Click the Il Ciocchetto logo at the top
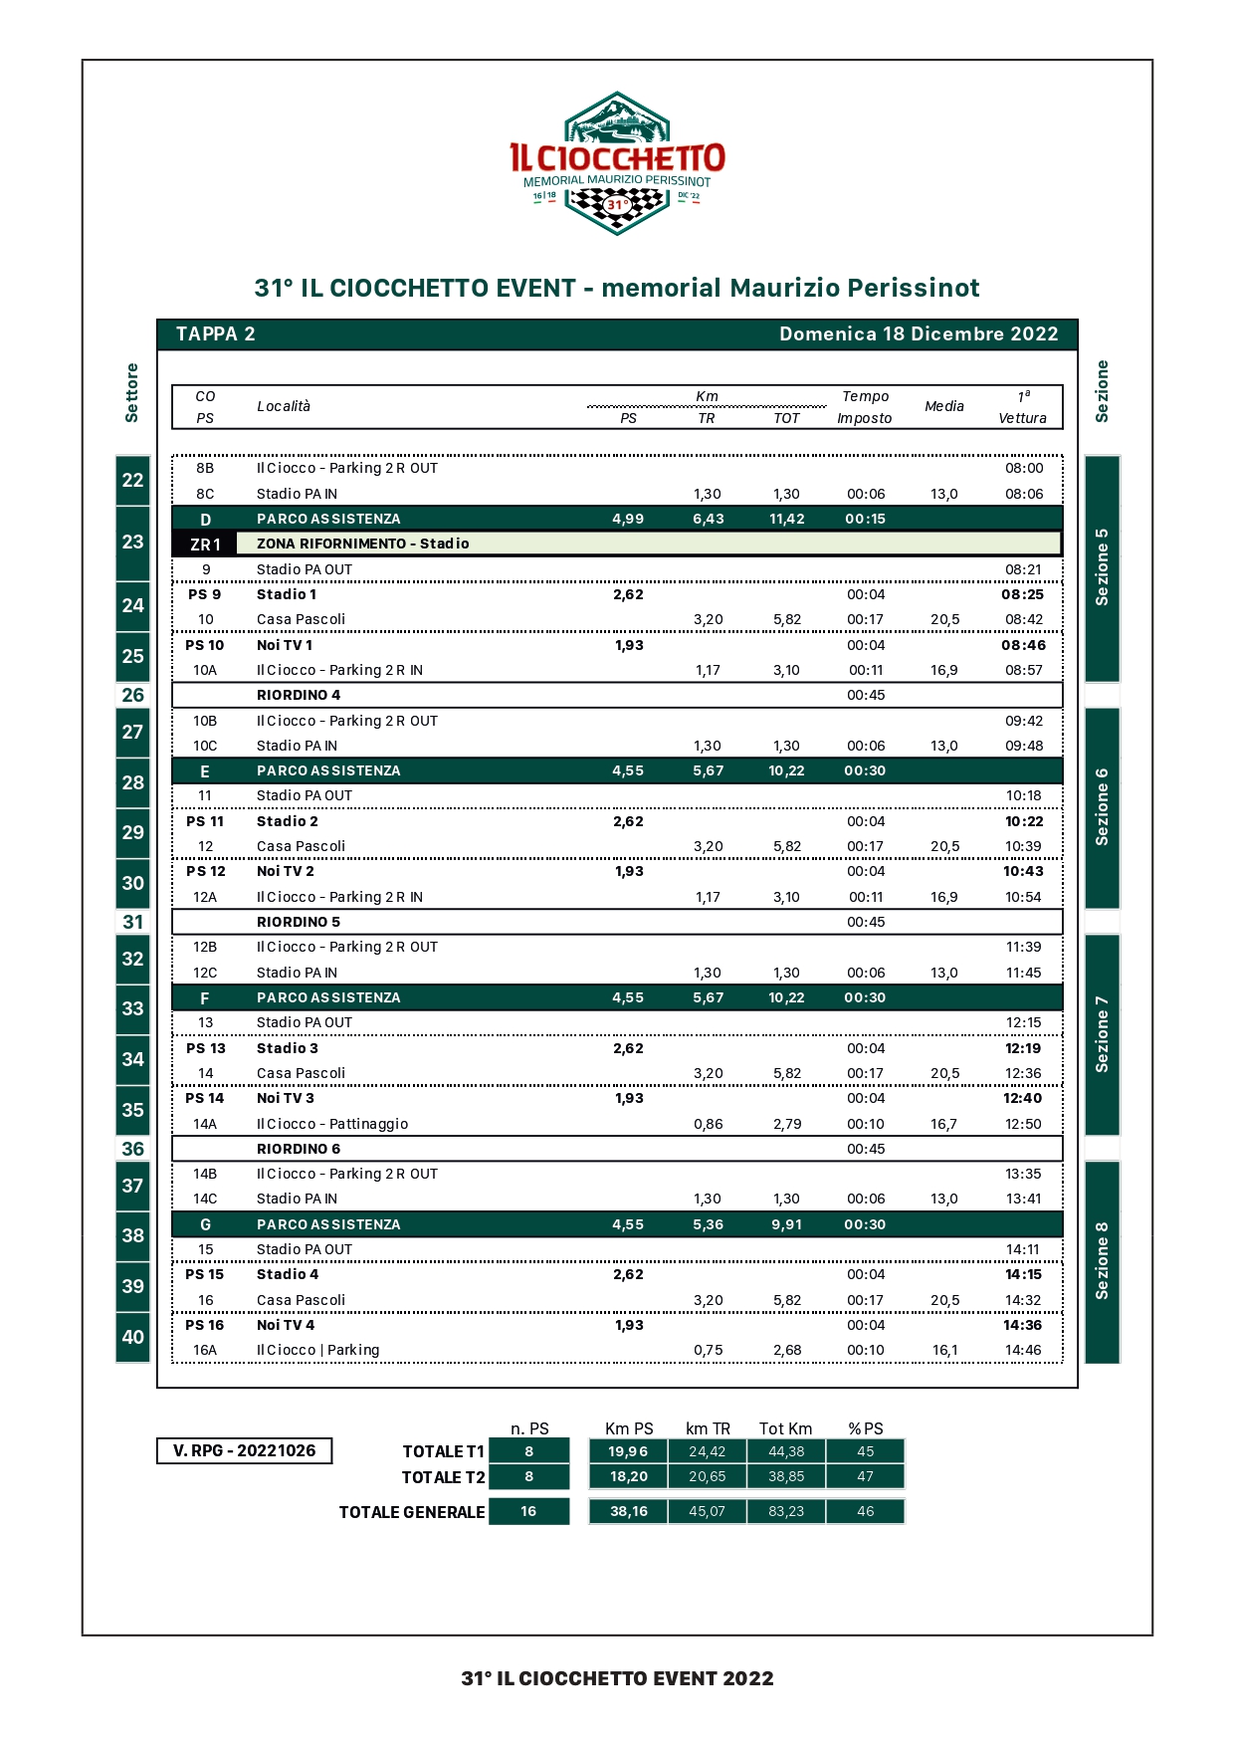(x=617, y=163)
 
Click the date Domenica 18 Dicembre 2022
(x=918, y=334)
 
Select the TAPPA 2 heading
(x=216, y=334)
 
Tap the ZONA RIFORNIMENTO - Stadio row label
(x=363, y=544)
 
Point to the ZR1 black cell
(x=205, y=545)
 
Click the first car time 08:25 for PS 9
(x=1023, y=594)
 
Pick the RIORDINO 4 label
(x=299, y=695)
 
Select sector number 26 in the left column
(x=132, y=695)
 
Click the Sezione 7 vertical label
(x=1102, y=1034)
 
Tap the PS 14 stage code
(x=205, y=1098)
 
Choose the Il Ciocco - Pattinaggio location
(x=332, y=1124)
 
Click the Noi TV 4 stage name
(x=286, y=1325)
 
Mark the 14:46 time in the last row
(x=1023, y=1350)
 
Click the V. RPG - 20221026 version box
(x=245, y=1450)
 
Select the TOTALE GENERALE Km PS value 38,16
(x=629, y=1511)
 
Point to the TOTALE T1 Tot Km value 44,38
(x=786, y=1451)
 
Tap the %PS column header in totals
(x=865, y=1428)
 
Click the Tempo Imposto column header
(x=865, y=407)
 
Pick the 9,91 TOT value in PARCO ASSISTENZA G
(x=786, y=1224)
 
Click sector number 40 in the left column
(x=132, y=1337)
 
